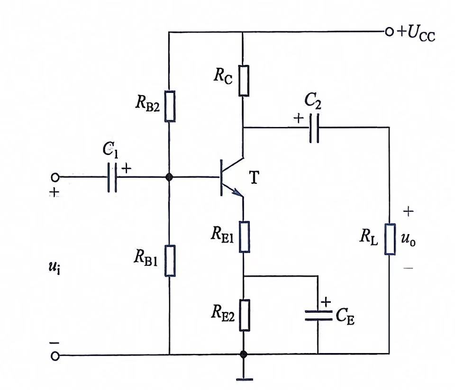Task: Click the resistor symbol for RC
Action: pyautogui.click(x=244, y=81)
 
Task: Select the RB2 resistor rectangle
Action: pyautogui.click(x=170, y=106)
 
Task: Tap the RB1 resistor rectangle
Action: pyautogui.click(x=170, y=261)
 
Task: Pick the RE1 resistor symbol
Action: pyautogui.click(x=245, y=237)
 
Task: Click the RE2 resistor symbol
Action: pyautogui.click(x=245, y=315)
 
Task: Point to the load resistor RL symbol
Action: pyautogui.click(x=390, y=239)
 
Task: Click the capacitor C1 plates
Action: pyautogui.click(x=112, y=177)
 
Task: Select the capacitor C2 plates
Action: pyautogui.click(x=314, y=128)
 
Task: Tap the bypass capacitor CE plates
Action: pyautogui.click(x=318, y=316)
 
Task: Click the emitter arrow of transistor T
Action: pyautogui.click(x=238, y=192)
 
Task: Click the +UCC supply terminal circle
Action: pyautogui.click(x=389, y=31)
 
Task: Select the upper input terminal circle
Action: pyautogui.click(x=55, y=177)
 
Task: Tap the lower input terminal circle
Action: pyautogui.click(x=55, y=356)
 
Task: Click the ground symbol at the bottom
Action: pyautogui.click(x=245, y=379)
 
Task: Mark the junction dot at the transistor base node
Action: pyautogui.click(x=169, y=177)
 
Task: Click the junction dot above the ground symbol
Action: pyautogui.click(x=244, y=354)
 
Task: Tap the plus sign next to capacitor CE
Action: pyautogui.click(x=326, y=302)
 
